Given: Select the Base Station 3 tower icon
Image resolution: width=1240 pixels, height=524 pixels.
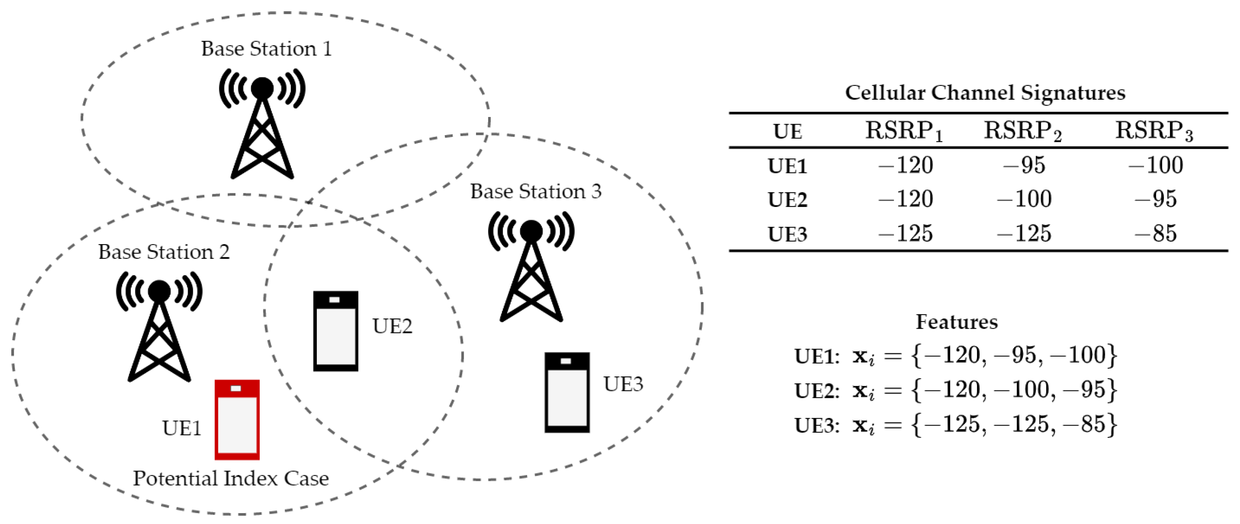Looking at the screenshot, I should coord(531,269).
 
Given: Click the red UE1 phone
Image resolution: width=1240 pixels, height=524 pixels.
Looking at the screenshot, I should coord(237,419).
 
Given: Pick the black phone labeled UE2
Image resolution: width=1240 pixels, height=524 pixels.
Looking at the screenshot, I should coord(336,331).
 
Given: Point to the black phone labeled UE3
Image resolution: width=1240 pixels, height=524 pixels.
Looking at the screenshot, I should coord(567,392).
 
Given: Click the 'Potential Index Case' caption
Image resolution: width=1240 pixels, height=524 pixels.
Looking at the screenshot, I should coord(231,478).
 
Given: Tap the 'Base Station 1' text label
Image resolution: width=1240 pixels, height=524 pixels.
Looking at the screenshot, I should coord(266,49).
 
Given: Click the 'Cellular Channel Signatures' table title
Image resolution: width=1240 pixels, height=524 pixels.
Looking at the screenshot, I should coord(985,93).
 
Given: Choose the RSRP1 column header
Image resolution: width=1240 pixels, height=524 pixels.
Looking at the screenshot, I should coord(904,131).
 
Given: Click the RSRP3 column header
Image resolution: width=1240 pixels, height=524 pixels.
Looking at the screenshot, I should coord(1154,131).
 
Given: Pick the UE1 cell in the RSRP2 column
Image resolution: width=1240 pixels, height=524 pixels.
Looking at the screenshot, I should coord(1024,165).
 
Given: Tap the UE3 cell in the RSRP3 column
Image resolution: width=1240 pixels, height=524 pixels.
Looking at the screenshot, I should coord(1155,233).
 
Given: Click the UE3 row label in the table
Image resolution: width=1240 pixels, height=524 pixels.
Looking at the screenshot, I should coord(787,234).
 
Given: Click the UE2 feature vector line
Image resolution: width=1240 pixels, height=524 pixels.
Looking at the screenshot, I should coord(955,390).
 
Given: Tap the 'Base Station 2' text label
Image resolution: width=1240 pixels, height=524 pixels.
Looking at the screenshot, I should coord(164,252).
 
